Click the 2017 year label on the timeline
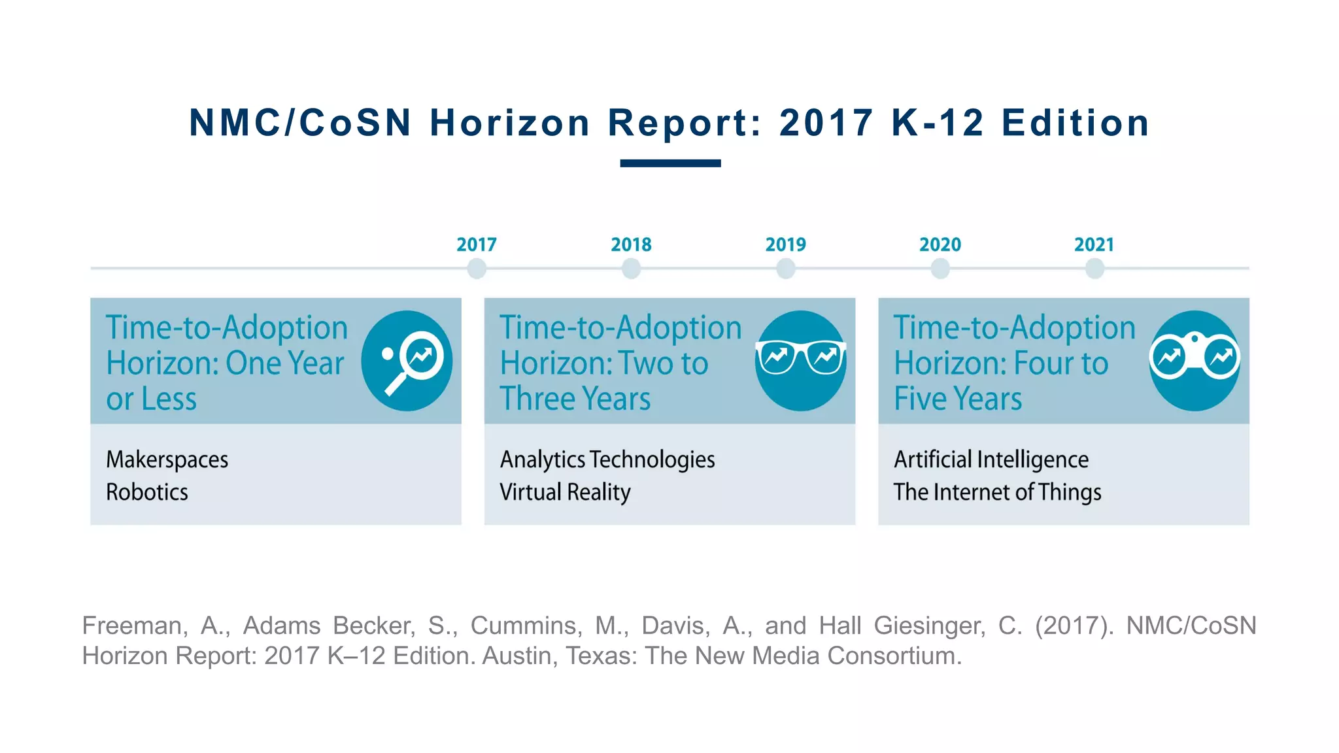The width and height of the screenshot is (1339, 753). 476,244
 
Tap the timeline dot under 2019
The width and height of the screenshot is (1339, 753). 785,268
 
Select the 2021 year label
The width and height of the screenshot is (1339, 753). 1094,244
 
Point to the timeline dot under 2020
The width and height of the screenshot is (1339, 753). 940,268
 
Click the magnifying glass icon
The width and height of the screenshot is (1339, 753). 407,361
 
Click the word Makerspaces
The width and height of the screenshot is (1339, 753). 167,460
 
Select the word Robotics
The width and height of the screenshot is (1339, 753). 147,492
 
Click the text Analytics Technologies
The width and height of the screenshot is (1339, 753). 607,460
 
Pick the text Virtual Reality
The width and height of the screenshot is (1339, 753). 565,492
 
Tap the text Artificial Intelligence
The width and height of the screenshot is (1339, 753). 991,460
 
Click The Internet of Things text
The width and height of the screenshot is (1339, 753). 997,492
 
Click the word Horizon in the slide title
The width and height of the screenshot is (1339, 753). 510,123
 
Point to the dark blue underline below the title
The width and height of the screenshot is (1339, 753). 670,163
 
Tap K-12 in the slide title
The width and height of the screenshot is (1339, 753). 938,123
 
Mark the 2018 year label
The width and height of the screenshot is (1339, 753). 631,244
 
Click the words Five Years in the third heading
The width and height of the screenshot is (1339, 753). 957,399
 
